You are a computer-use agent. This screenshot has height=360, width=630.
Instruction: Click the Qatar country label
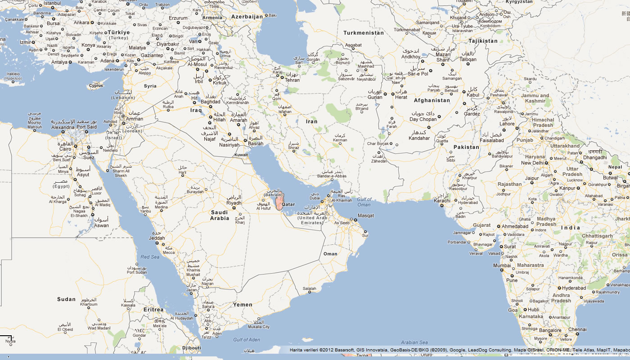coord(288,204)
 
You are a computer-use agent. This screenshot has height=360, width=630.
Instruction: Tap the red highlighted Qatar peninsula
coord(280,202)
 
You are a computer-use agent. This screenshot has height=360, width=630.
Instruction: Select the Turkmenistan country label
coord(364,33)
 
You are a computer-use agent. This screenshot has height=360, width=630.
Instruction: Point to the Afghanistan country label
coord(432,100)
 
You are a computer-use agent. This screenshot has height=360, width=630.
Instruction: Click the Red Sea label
coord(150,257)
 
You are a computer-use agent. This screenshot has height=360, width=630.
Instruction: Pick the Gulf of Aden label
coord(246,339)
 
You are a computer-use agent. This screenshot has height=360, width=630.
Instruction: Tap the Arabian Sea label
coord(414,342)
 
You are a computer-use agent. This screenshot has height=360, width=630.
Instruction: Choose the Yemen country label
coord(243,305)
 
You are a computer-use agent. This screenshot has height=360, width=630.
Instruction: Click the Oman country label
coord(330,254)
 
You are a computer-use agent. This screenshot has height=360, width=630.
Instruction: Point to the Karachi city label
coord(442,201)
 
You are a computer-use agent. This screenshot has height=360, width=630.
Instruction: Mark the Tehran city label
coord(292,80)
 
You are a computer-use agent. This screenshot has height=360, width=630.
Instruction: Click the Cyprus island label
coord(95,85)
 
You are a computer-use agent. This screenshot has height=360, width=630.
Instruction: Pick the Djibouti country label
coord(192,348)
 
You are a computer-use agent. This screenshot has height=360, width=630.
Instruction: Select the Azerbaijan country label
coord(247,17)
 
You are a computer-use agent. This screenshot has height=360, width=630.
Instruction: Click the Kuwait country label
coord(241,155)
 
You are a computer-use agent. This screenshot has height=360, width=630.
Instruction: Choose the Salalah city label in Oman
coord(309,288)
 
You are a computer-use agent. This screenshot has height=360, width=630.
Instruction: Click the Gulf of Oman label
coord(364,202)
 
